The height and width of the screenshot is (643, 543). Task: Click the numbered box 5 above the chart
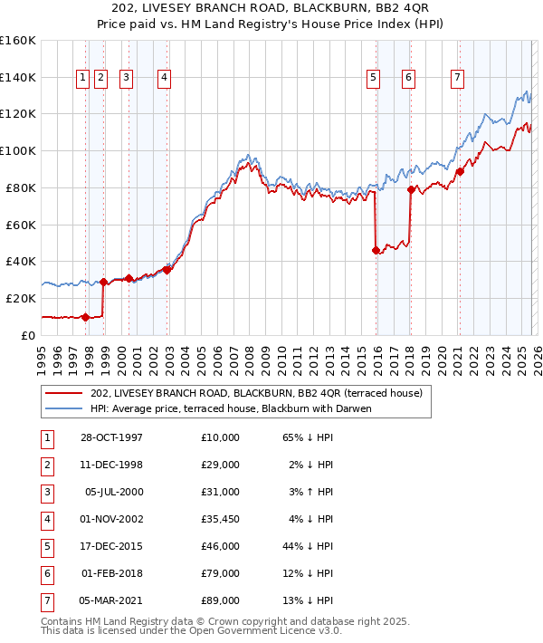tap(373, 79)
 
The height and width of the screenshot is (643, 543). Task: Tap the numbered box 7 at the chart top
tap(458, 79)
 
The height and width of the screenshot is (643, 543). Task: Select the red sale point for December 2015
tap(376, 250)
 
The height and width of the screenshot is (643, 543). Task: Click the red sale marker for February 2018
tap(410, 189)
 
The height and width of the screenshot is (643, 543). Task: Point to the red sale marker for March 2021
tap(460, 171)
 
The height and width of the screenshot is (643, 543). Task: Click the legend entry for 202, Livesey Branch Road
tap(256, 393)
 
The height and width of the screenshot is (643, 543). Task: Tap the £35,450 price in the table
tap(221, 519)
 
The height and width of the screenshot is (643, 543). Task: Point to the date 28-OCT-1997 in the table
tap(110, 437)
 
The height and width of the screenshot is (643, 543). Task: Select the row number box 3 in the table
tap(45, 492)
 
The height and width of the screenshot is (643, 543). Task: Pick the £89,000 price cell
tap(221, 600)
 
